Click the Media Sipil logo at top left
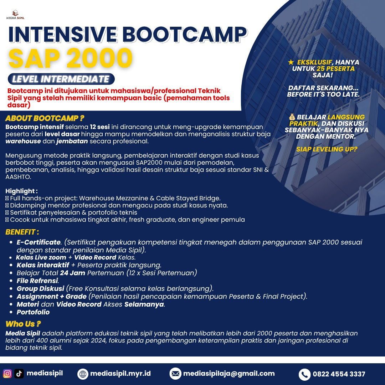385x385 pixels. (15, 15)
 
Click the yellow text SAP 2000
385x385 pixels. (70, 58)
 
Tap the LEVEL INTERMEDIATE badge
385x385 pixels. (61, 79)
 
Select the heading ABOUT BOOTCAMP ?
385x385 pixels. (45, 118)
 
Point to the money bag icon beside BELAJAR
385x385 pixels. (292, 117)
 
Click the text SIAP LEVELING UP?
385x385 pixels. (327, 149)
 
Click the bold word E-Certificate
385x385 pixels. (38, 242)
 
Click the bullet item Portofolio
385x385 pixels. (33, 312)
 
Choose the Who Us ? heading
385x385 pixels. (23, 324)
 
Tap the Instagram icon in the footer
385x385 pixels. (7, 373)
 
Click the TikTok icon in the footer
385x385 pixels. (19, 373)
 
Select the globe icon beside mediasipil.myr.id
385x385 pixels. (83, 374)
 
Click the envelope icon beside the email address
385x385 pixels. (175, 374)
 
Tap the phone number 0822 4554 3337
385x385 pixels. (339, 374)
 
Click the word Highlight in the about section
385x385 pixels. (20, 191)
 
